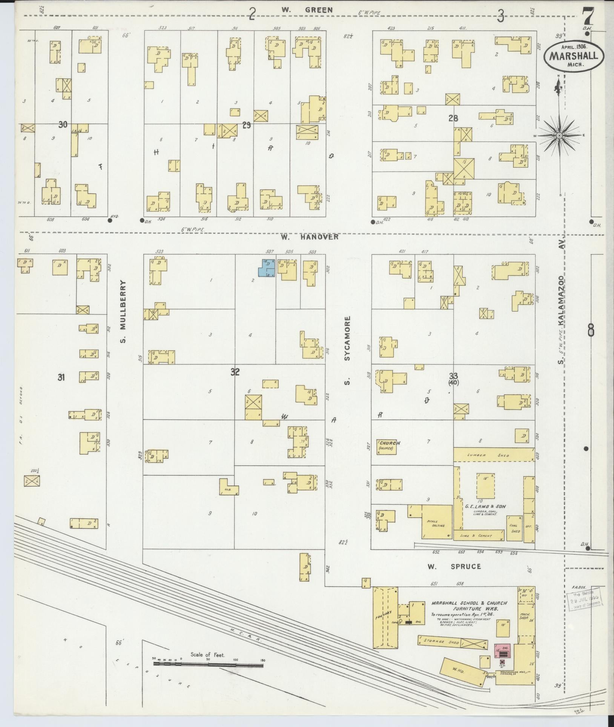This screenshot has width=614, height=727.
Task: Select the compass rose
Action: click(x=559, y=135)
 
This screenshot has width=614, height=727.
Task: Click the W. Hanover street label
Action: click(x=309, y=237)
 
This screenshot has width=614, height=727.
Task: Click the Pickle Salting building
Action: click(x=437, y=522)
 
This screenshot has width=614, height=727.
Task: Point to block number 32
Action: click(x=235, y=372)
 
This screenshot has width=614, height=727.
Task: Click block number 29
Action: click(x=247, y=126)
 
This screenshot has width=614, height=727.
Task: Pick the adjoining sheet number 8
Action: click(x=591, y=331)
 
